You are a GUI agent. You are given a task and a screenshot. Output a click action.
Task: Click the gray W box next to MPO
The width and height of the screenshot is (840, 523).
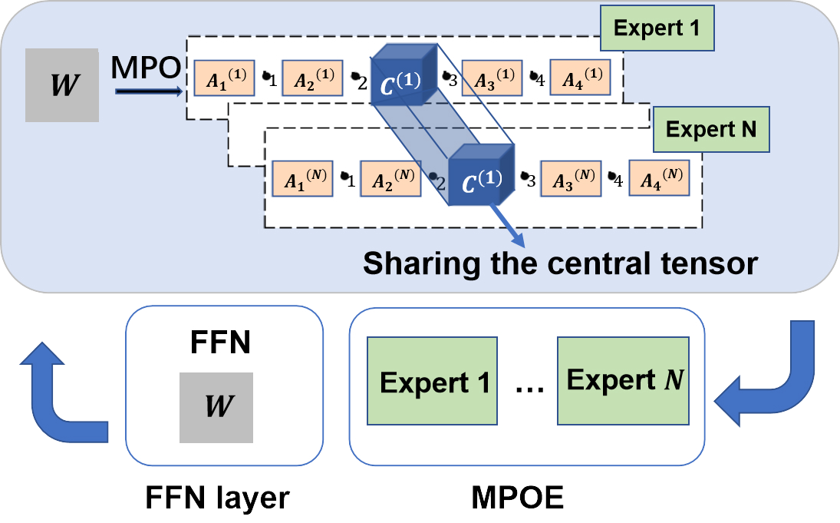[62, 84]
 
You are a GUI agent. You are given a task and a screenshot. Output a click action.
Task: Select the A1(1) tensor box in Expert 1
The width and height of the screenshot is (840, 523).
[222, 78]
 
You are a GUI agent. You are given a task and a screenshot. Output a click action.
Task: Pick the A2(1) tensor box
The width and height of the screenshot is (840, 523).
[311, 78]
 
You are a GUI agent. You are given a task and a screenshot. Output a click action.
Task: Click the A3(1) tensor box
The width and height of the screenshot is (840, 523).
[492, 78]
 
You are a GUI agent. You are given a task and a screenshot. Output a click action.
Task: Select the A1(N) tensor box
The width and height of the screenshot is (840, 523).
[300, 180]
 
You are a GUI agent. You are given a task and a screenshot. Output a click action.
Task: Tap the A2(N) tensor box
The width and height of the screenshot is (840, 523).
[390, 180]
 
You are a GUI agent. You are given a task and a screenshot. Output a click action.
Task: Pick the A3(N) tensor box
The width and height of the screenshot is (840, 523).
[571, 179]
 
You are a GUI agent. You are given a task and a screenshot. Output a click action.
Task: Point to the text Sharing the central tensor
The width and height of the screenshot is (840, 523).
[560, 263]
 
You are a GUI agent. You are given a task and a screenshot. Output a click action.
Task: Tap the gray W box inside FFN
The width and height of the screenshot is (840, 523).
[216, 407]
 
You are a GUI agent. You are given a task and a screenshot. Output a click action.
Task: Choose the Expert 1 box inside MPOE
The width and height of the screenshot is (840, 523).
[435, 382]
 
